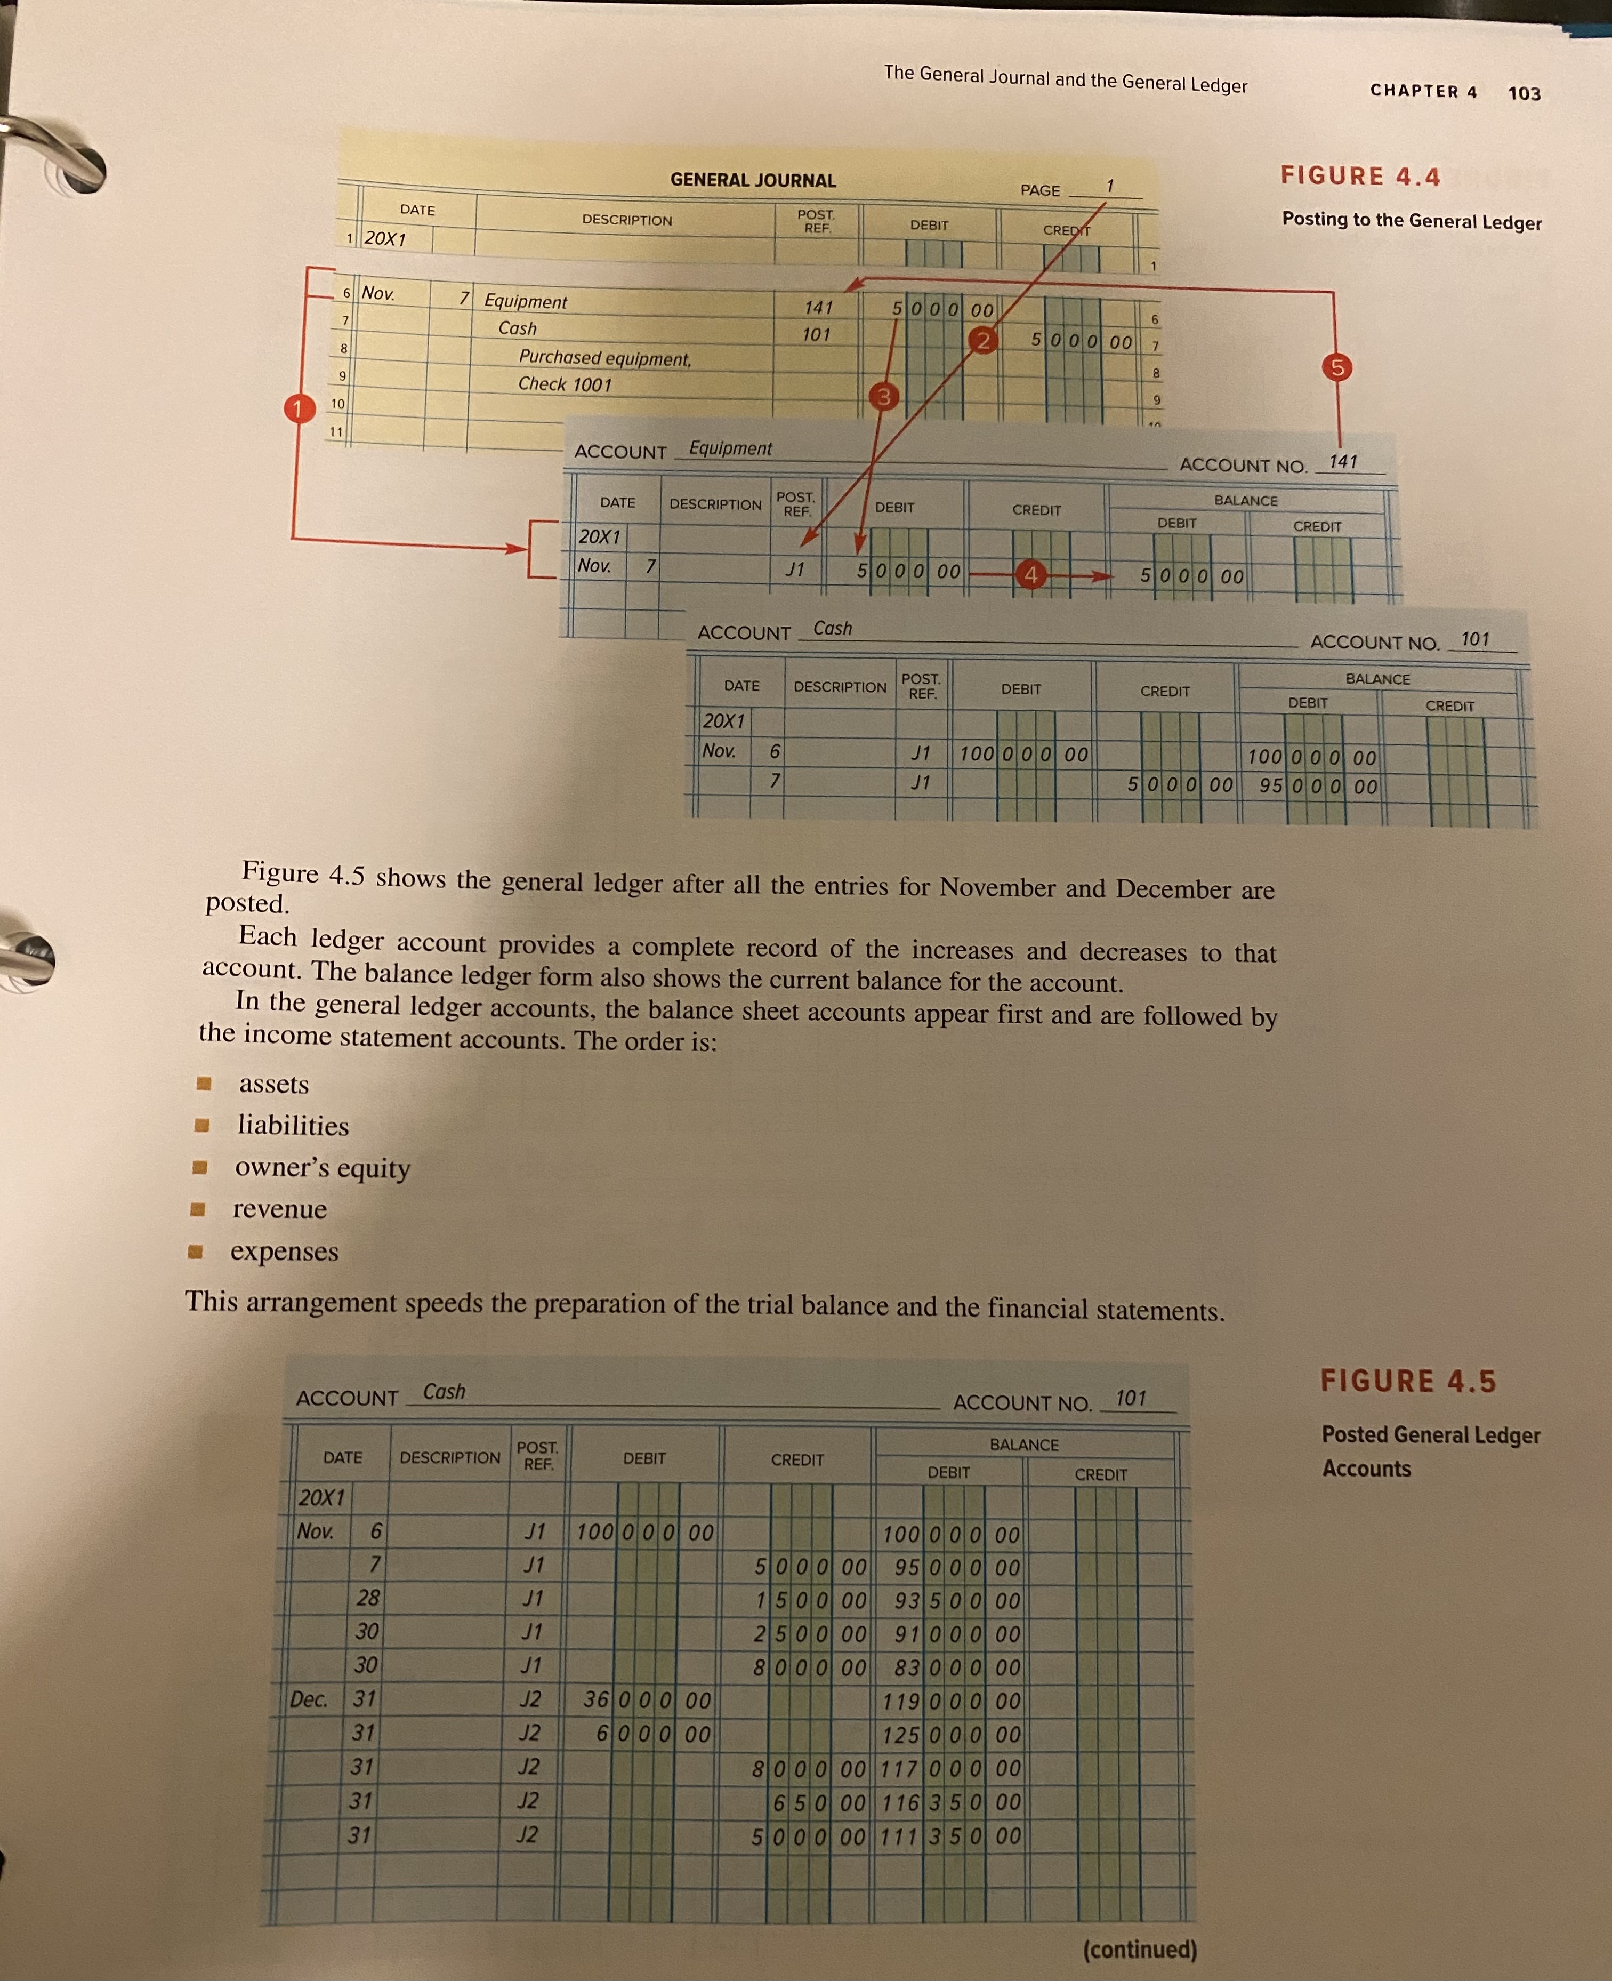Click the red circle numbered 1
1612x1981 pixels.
pos(297,408)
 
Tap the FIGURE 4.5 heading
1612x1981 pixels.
pos(1408,1381)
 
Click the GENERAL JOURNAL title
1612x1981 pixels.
pos(753,180)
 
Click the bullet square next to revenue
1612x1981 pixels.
pos(197,1209)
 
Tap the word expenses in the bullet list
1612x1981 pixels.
pos(284,1252)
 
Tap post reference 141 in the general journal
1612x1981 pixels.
pos(818,307)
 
